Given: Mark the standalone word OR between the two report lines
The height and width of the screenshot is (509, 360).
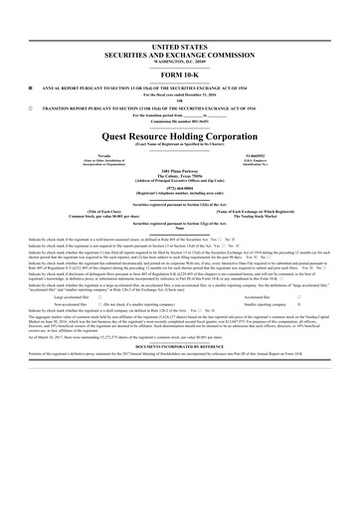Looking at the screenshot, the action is click(179, 98).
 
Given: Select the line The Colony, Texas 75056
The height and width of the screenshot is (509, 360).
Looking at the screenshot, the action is click(179, 178).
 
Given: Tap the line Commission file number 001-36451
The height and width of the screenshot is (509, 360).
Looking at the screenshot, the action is click(179, 118).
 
